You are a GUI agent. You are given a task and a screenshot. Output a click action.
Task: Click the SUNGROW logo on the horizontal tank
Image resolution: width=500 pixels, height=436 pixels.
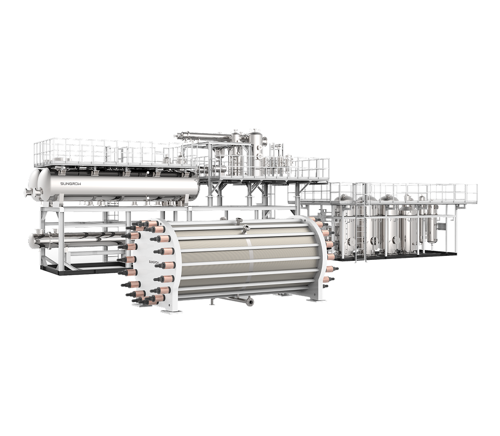[71, 184]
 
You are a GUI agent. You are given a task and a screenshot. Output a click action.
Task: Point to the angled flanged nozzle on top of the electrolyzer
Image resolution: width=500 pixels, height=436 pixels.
[245, 228]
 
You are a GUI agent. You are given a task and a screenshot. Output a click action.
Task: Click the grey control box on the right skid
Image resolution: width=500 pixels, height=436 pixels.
[441, 226]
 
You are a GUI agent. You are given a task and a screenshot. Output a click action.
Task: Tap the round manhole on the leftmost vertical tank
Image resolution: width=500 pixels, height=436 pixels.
[351, 242]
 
